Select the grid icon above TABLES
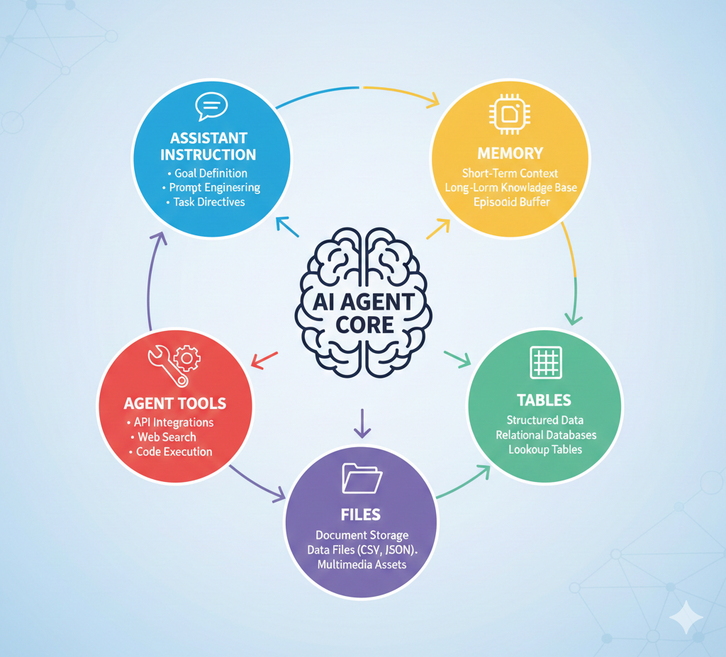546,361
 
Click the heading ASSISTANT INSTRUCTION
208,146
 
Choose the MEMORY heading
510,153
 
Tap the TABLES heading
544,400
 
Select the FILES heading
361,515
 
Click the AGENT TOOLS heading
175,403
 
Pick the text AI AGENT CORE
364,313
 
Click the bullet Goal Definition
211,173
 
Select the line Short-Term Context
510,173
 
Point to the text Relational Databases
546,434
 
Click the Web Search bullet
167,437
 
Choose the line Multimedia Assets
362,564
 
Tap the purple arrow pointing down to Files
362,423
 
